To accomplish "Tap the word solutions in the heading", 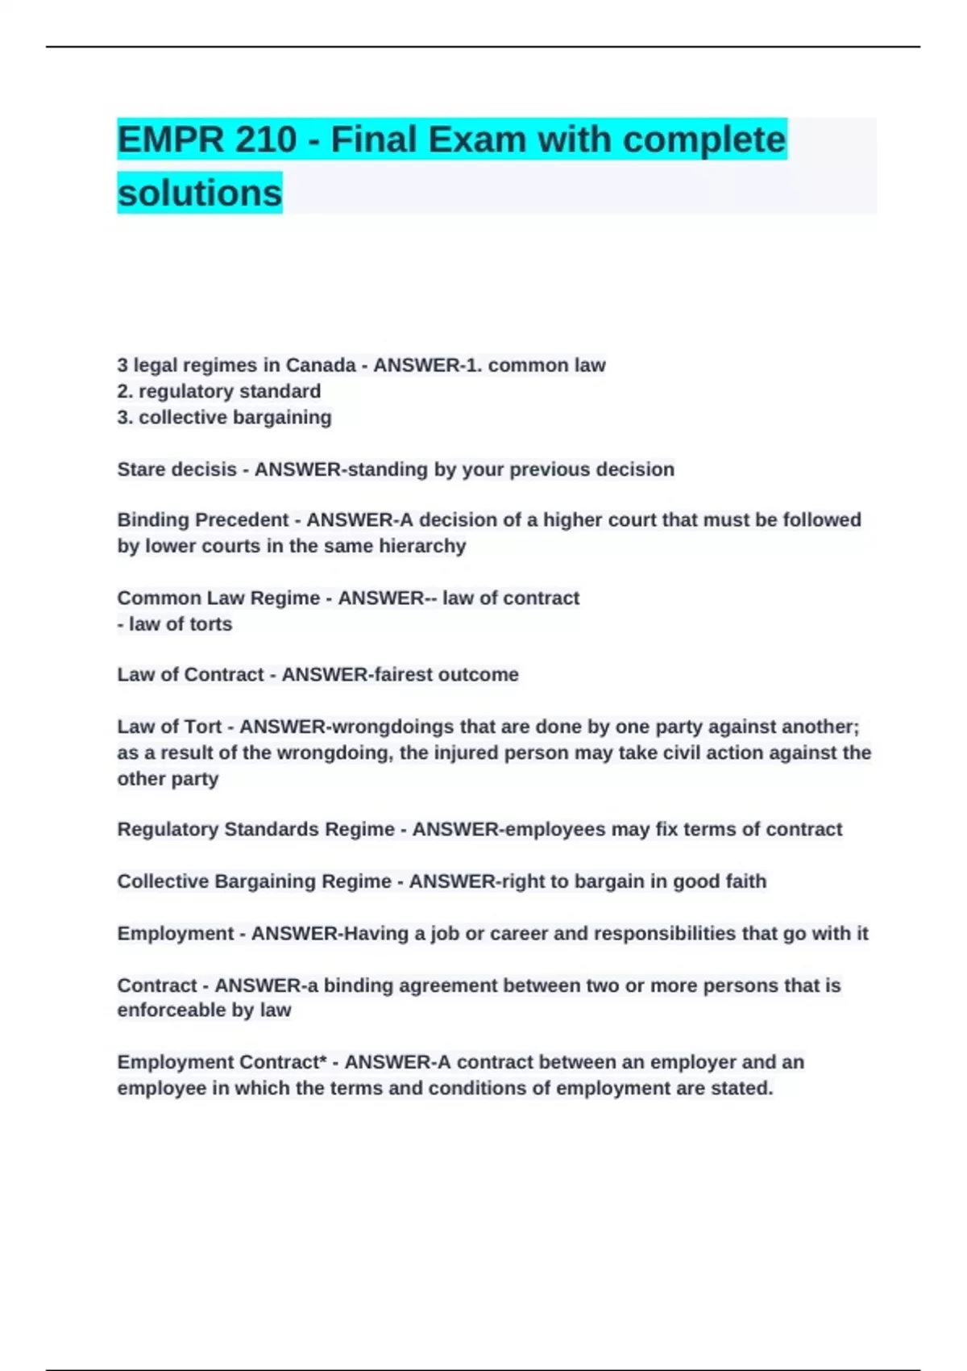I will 200,193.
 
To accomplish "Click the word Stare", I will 142,469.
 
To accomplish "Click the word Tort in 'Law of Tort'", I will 203,727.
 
